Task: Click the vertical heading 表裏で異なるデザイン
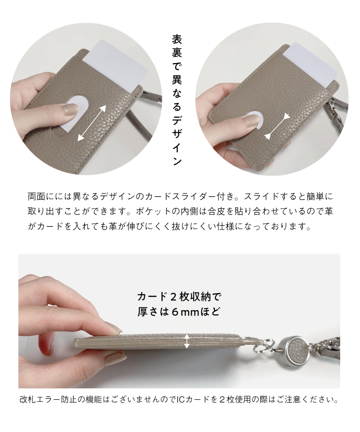(177, 100)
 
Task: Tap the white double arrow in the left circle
(92, 123)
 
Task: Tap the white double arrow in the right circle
(277, 126)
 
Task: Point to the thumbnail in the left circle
(71, 109)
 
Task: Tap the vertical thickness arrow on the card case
(186, 341)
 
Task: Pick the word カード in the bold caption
(152, 297)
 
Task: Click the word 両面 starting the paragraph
(36, 196)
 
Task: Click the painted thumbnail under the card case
(115, 359)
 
